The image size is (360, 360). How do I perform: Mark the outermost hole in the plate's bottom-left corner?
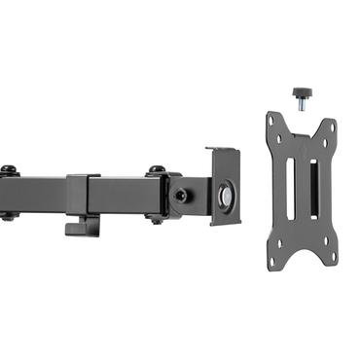tap(271, 259)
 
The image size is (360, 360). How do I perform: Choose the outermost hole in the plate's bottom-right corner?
tap(331, 256)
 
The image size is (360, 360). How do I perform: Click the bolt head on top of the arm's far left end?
tap(8, 171)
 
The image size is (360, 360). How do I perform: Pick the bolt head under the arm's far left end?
tap(8, 216)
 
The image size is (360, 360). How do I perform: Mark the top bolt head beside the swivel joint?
tap(156, 172)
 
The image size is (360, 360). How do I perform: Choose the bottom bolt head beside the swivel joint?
tap(156, 218)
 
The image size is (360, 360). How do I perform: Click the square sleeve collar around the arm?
tap(84, 196)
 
